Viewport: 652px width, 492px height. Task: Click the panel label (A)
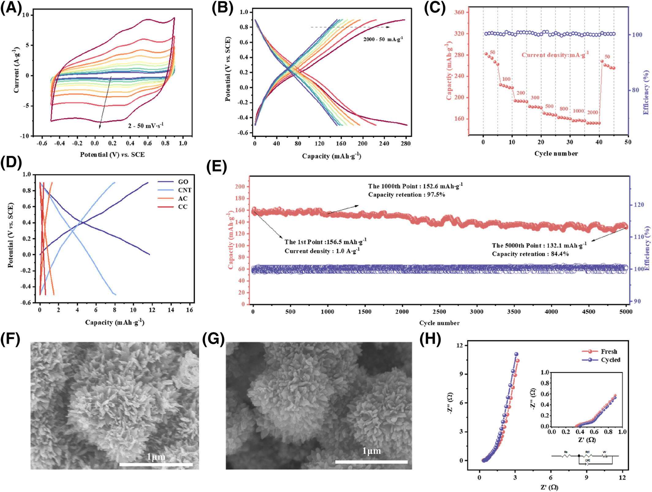(x=11, y=8)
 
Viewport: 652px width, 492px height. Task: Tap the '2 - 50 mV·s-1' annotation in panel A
(x=146, y=126)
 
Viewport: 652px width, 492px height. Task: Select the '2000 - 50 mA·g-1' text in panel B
(x=383, y=40)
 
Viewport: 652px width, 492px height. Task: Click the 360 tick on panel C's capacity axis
(x=459, y=12)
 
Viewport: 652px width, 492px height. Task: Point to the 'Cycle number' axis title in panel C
(x=556, y=154)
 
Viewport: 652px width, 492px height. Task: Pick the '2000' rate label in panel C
(x=593, y=113)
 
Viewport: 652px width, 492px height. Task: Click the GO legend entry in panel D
(x=183, y=182)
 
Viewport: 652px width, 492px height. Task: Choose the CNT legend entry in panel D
(x=184, y=190)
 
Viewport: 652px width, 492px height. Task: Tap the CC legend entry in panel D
(x=183, y=207)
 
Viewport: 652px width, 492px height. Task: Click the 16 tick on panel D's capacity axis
(x=190, y=310)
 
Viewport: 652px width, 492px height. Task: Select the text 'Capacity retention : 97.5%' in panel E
(x=407, y=195)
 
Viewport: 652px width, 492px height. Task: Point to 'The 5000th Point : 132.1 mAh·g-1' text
(x=539, y=245)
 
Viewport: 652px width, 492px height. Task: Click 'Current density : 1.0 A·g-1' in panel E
(x=322, y=251)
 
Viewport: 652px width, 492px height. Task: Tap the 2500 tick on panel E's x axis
(x=439, y=312)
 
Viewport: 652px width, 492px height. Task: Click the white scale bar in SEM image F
(x=156, y=465)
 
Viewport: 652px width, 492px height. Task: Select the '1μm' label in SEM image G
(x=372, y=451)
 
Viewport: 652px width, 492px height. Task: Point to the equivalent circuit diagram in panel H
(x=585, y=457)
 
